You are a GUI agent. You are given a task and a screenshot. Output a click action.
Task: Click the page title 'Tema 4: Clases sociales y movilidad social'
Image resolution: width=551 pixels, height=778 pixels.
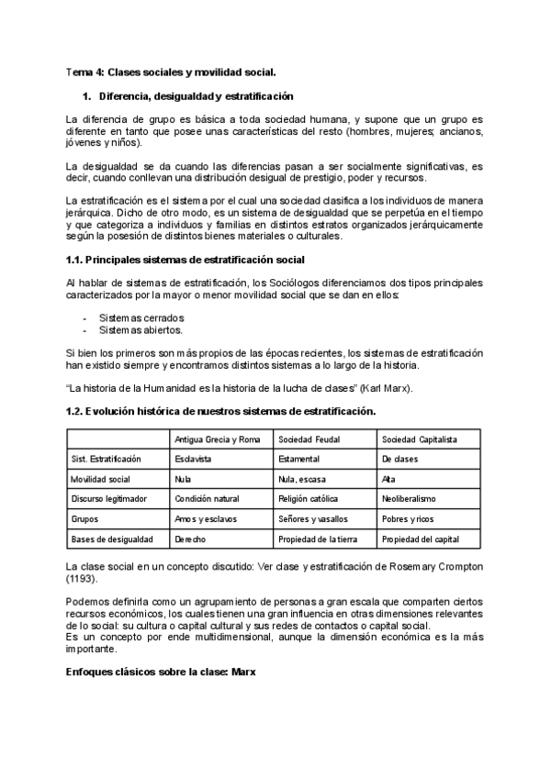pos(171,72)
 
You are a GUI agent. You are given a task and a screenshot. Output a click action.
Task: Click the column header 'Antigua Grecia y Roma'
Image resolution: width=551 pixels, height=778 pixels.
pos(218,439)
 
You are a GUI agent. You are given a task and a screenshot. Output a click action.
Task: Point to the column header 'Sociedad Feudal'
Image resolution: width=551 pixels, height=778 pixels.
pos(310,439)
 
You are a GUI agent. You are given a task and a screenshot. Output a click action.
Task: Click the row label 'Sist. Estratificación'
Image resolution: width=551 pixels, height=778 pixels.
pos(106,458)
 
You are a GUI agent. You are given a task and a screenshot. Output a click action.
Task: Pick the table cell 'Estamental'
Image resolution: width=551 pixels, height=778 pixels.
pos(298,458)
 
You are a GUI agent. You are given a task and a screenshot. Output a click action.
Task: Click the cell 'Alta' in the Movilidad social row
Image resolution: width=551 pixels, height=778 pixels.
pos(388,478)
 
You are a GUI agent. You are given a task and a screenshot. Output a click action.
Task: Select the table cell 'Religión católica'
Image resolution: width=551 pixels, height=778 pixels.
pos(311,498)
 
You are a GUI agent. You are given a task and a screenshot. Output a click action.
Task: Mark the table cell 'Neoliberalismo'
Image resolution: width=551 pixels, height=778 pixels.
pos(409,498)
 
